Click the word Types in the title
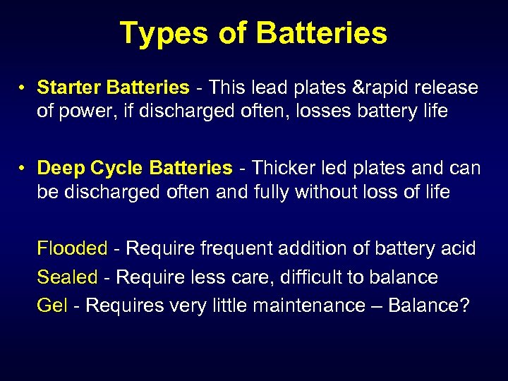162,33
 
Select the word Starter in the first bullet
68,88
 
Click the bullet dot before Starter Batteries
23,89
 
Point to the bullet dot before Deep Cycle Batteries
23,169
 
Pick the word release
445,88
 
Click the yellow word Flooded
72,248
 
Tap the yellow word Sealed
67,277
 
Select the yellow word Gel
52,307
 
